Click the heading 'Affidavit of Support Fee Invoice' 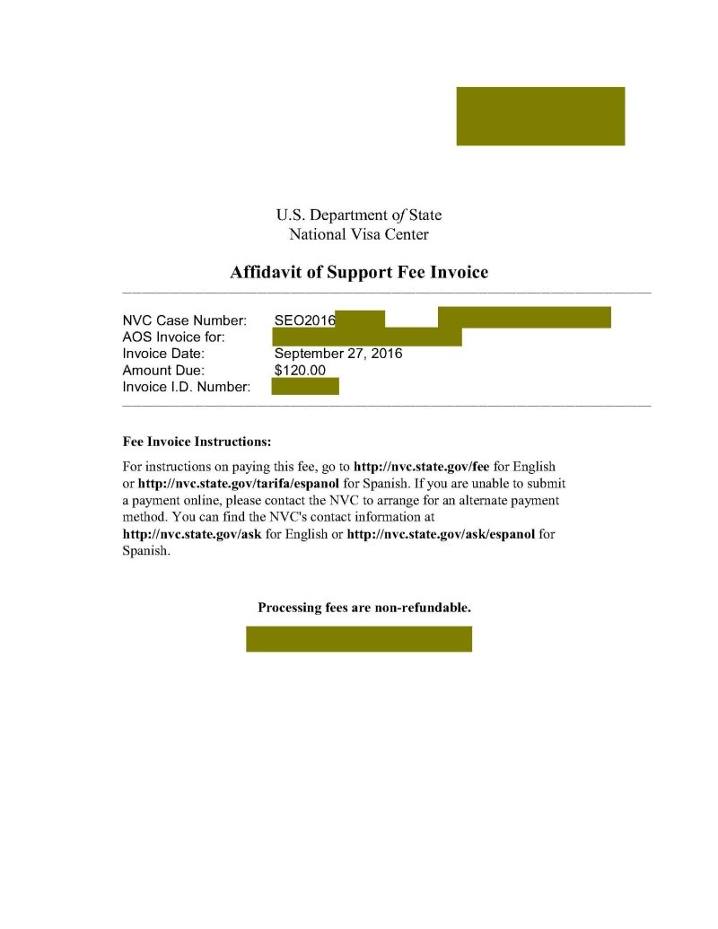coord(359,272)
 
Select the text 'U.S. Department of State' coord(359,215)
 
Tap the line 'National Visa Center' coord(359,235)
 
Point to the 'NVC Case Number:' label coord(184,320)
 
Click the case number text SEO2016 coord(304,320)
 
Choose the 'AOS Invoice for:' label coord(173,337)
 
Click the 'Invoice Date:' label coord(164,354)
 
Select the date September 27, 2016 coord(338,354)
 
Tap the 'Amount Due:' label coord(163,370)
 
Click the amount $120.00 coord(300,370)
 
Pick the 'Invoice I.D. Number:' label coord(185,387)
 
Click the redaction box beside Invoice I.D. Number coord(305,387)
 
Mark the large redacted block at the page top coord(540,116)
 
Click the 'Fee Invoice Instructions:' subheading coord(197,443)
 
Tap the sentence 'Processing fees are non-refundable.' coord(364,608)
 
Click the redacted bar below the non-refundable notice coord(359,639)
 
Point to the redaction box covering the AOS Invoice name coord(366,337)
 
